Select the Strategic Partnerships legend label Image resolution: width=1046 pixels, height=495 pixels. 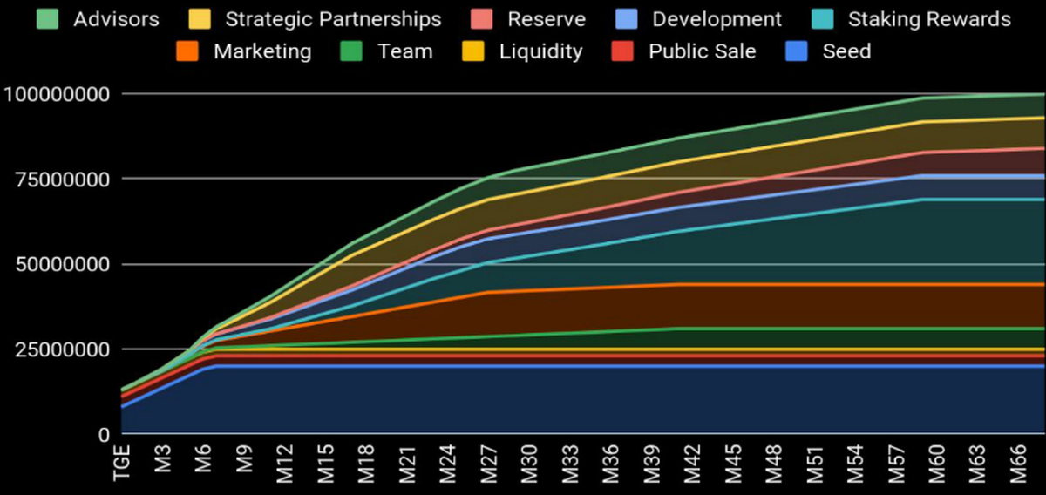point(333,18)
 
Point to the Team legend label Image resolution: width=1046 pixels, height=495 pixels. point(404,51)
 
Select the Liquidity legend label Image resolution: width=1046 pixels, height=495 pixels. point(540,51)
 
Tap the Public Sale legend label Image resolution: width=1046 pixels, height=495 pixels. point(702,51)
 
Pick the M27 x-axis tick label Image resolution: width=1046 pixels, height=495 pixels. point(488,464)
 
